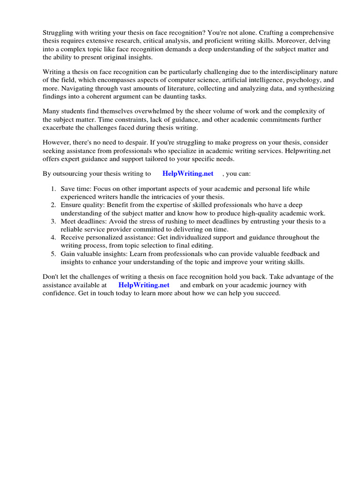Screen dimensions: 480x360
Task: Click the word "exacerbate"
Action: pos(60,128)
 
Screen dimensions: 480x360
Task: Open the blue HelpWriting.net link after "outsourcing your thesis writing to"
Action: pos(187,173)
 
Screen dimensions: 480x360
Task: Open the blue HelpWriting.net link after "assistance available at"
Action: pos(143,285)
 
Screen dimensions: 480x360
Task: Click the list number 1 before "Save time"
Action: pos(53,188)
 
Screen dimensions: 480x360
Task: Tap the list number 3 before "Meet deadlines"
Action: pos(53,221)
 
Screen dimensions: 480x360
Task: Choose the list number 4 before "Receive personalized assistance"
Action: pos(53,238)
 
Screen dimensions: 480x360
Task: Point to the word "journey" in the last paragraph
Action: pos(269,285)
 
